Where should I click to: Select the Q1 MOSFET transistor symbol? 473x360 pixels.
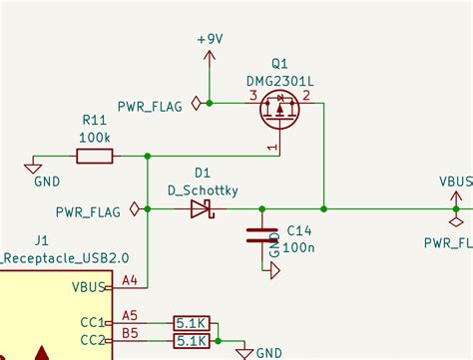pyautogui.click(x=280, y=111)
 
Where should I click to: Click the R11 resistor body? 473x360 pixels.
pyautogui.click(x=95, y=156)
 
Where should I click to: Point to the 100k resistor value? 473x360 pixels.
pyautogui.click(x=96, y=136)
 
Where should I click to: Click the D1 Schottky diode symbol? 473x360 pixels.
pyautogui.click(x=203, y=209)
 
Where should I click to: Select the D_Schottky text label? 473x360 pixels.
pyautogui.click(x=203, y=189)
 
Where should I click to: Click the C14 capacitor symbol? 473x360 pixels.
pyautogui.click(x=261, y=235)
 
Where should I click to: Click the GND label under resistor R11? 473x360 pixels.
pyautogui.click(x=46, y=182)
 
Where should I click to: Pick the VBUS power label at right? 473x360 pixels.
pyautogui.click(x=456, y=182)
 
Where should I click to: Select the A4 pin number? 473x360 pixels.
pyautogui.click(x=130, y=282)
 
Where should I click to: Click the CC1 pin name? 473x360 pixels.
pyautogui.click(x=92, y=322)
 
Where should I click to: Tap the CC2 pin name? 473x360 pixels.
pyautogui.click(x=92, y=340)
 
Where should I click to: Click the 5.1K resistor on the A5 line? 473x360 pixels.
pyautogui.click(x=191, y=323)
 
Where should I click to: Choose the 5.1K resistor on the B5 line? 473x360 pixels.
pyautogui.click(x=191, y=341)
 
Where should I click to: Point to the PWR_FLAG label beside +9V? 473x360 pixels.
pyautogui.click(x=150, y=106)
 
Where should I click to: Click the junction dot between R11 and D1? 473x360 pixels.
pyautogui.click(x=148, y=156)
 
